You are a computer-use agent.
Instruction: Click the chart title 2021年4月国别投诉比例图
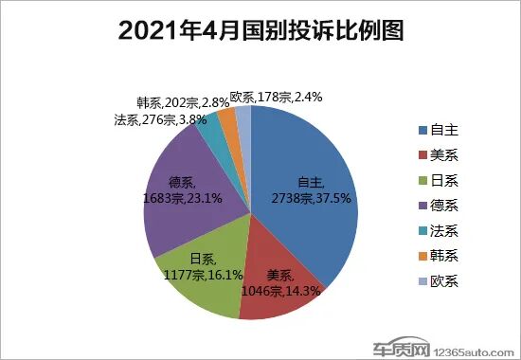coord(260,31)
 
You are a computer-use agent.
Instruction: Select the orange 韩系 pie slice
coord(227,117)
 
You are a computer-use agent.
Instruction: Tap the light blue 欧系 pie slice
coord(243,116)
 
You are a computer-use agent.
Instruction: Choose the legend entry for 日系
coord(440,178)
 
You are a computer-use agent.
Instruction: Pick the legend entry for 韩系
coord(440,256)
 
